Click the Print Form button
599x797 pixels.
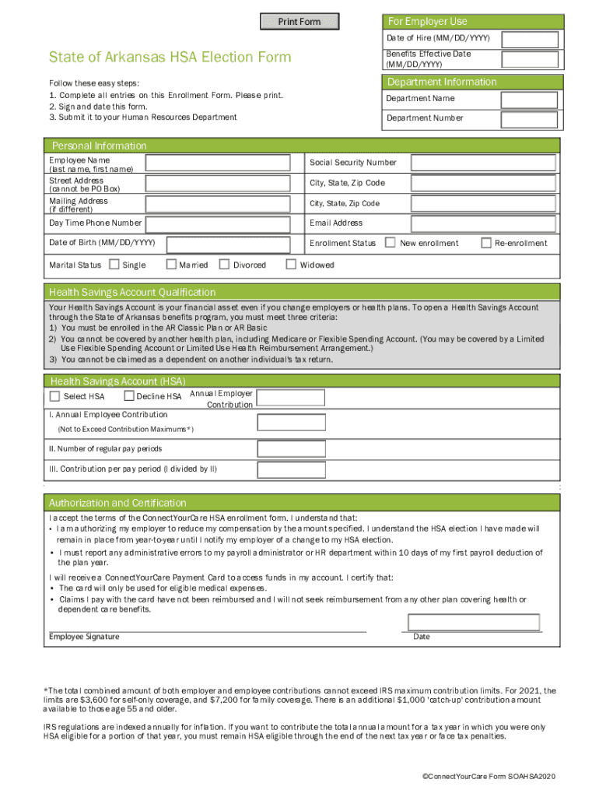[299, 22]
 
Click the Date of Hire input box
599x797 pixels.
[530, 40]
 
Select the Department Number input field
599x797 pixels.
[530, 119]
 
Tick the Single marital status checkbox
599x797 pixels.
[114, 265]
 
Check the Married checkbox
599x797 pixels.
[172, 265]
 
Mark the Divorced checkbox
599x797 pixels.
[225, 265]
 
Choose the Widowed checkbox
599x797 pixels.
[292, 265]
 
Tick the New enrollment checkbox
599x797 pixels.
[391, 243]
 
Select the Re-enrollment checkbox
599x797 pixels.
[487, 243]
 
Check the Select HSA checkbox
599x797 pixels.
[54, 396]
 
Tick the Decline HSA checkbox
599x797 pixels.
[129, 396]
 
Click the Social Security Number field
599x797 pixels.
[483, 163]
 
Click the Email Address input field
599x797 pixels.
[483, 223]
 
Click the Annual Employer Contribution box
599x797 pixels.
[291, 398]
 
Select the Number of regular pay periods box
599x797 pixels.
[291, 449]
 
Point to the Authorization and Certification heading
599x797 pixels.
[118, 503]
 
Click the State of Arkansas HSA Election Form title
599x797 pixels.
[170, 57]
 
